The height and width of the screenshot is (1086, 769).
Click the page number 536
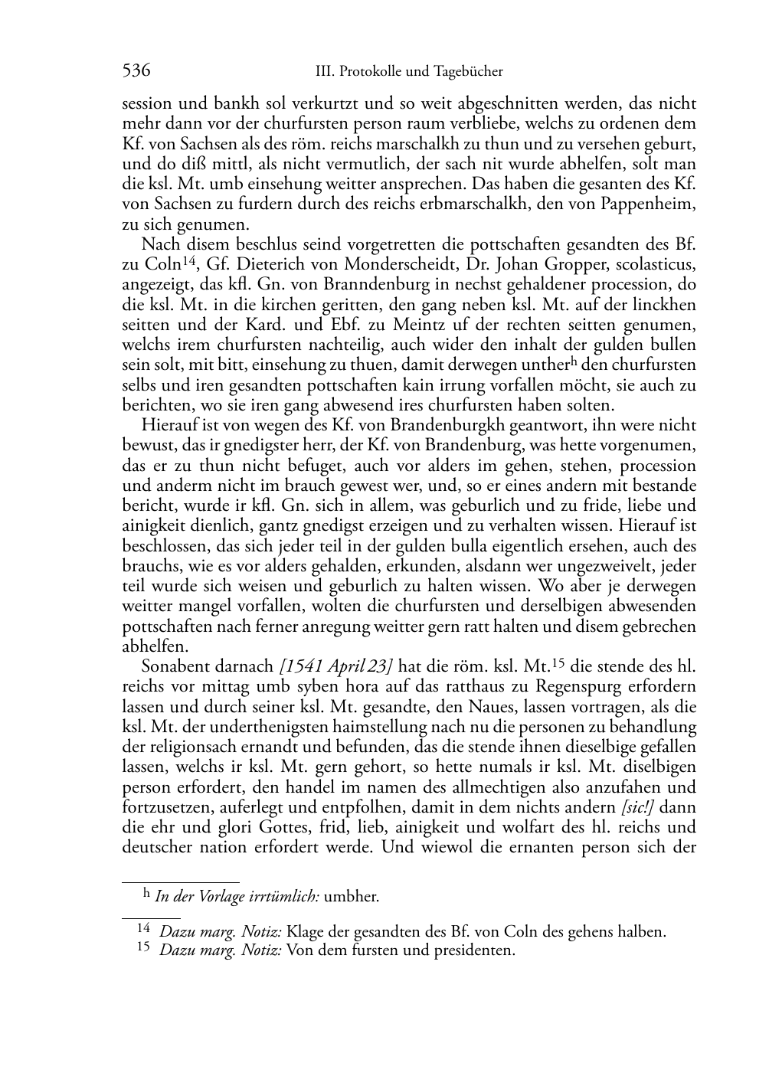coord(136,71)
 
